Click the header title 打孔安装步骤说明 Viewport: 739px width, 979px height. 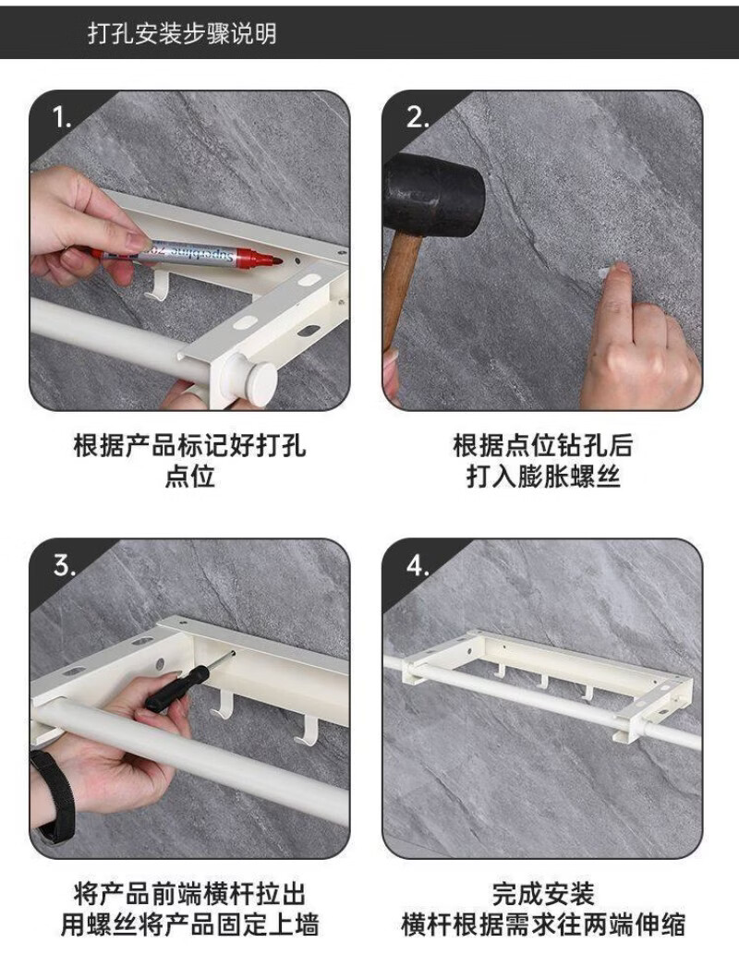[182, 33]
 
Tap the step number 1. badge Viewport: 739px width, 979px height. [61, 117]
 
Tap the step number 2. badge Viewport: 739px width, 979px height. [418, 116]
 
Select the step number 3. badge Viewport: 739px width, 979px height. [65, 565]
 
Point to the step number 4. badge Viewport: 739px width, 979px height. [418, 565]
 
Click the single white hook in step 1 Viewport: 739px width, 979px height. [156, 283]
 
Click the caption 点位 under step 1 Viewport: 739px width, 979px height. [190, 477]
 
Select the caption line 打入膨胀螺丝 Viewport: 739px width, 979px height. [543, 477]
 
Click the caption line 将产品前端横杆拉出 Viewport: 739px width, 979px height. [190, 893]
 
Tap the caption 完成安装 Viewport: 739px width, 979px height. [543, 893]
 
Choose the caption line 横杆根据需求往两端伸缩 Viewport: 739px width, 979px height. [543, 925]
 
